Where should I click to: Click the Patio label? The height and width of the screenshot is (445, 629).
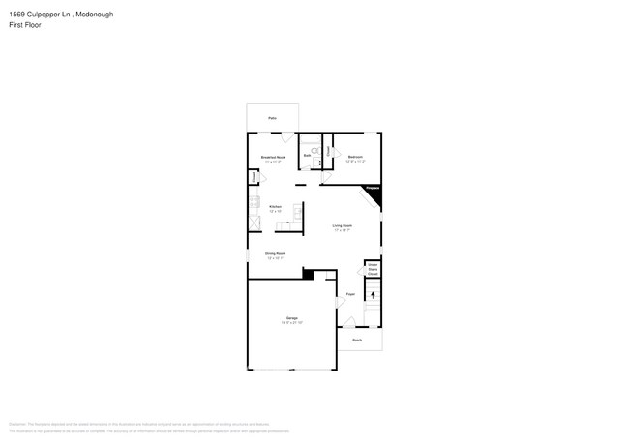(x=272, y=118)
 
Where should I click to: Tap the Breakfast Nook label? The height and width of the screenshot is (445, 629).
(x=272, y=157)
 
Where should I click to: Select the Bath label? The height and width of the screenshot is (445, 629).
(x=307, y=155)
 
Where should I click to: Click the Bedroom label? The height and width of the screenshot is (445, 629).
(x=355, y=157)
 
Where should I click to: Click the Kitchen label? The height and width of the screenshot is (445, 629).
(x=275, y=206)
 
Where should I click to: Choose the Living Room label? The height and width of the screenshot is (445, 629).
(x=342, y=227)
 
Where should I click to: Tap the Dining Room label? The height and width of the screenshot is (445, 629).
(x=274, y=254)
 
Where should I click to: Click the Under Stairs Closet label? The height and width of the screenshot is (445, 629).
(x=372, y=268)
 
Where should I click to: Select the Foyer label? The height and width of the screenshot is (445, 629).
(x=350, y=294)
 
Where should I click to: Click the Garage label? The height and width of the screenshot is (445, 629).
(x=290, y=318)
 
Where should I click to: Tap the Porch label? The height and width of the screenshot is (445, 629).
(x=357, y=341)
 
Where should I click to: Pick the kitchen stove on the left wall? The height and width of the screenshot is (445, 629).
(x=255, y=202)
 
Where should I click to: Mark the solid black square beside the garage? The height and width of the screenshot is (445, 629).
(x=308, y=275)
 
